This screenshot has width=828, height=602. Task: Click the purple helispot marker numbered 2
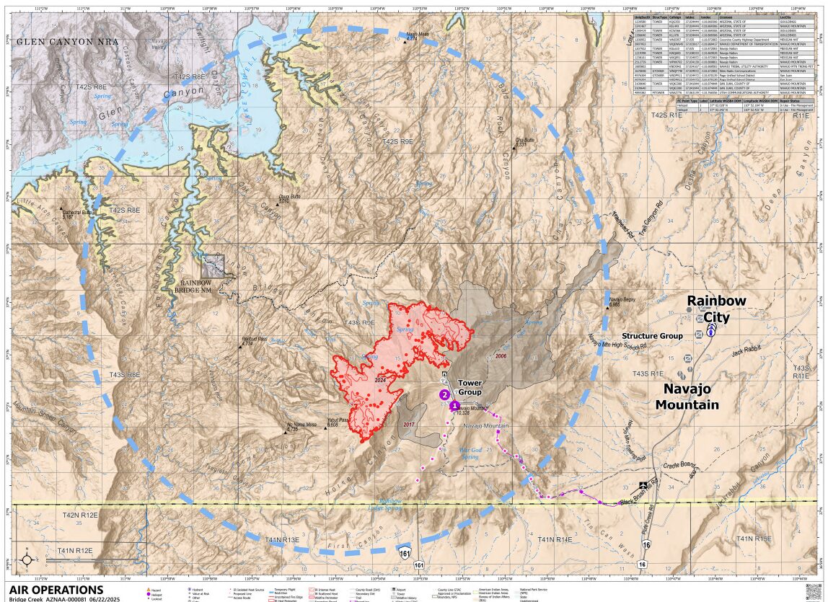pos(445,394)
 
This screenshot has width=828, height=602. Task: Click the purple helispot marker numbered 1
pos(455,406)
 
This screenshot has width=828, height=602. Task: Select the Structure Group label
pos(651,336)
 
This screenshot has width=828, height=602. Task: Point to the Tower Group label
pos(470,387)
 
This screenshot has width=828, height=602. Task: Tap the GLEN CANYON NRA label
pos(65,42)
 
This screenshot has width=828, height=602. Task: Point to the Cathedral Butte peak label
pos(78,214)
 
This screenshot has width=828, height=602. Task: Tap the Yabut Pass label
pos(338,422)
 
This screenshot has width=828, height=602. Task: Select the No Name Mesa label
pos(301,425)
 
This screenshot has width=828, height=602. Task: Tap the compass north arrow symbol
pos(27,559)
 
